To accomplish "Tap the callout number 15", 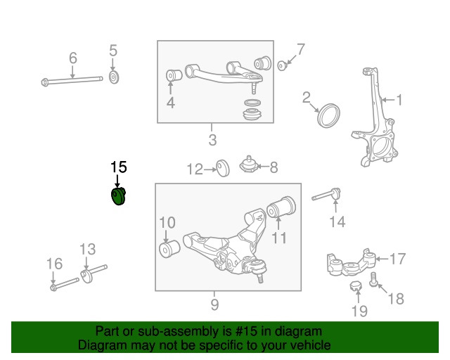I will click(x=118, y=167).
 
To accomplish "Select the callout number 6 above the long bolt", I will click(x=72, y=58).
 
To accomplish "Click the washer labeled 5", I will click(x=114, y=76).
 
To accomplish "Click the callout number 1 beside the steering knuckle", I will click(x=399, y=101).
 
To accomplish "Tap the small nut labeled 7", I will click(x=281, y=65).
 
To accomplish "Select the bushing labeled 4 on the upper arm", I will click(x=171, y=75).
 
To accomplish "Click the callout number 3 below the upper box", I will click(x=212, y=139).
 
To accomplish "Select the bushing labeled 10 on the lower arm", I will click(x=169, y=250).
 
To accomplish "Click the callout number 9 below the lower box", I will click(x=214, y=304).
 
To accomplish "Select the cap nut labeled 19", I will click(x=356, y=286).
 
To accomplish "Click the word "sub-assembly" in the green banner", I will click(x=167, y=331).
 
